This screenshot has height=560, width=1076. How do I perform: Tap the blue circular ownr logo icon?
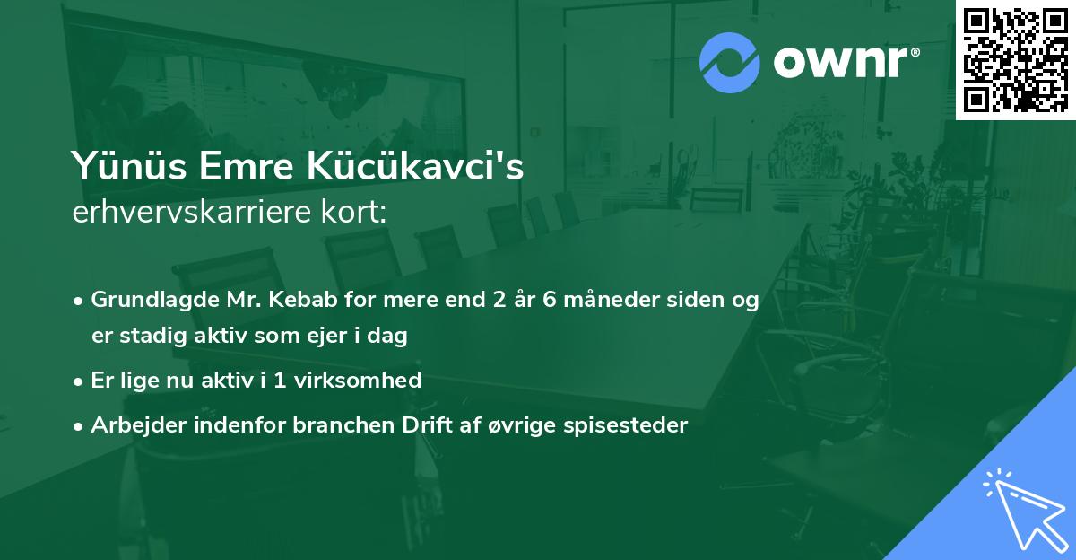point(730,61)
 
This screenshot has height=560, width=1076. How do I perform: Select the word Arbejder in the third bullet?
point(134,424)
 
